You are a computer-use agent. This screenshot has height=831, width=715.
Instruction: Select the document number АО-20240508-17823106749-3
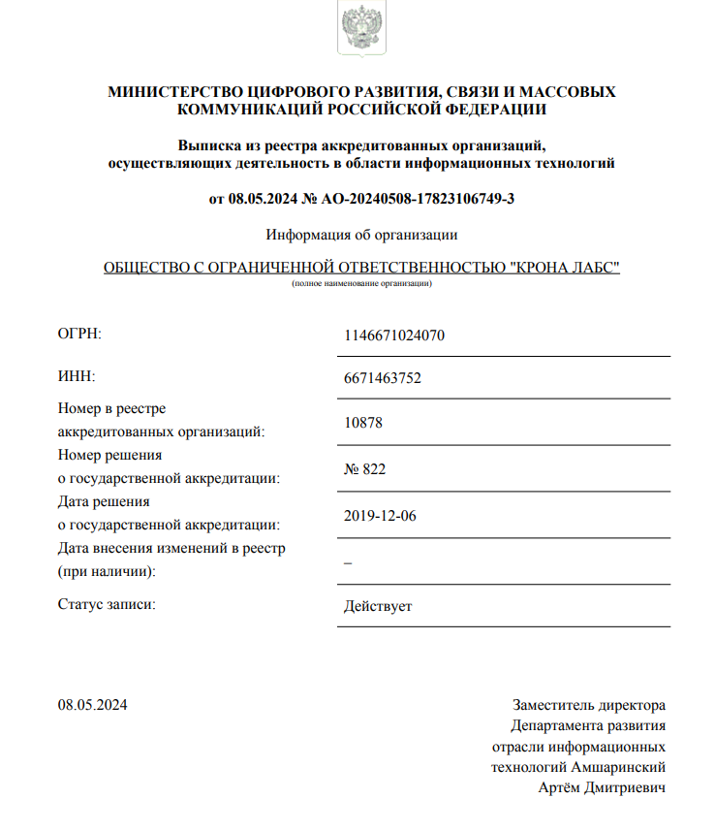418,199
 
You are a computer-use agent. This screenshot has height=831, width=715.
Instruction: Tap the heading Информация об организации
361,235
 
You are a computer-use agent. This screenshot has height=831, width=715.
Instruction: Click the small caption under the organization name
361,283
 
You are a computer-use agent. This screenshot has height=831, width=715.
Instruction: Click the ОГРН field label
79,335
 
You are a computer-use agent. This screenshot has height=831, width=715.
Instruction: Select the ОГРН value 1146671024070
394,336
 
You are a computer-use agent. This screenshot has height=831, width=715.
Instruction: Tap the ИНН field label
77,376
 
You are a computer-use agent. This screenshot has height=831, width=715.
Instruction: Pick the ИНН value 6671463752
383,378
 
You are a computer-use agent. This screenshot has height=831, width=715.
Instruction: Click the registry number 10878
363,424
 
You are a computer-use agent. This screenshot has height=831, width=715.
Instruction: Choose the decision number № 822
365,469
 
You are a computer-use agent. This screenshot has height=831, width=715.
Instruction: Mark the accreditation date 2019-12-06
380,515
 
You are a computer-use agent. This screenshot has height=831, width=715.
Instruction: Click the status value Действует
378,607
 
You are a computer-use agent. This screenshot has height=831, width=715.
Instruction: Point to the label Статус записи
107,605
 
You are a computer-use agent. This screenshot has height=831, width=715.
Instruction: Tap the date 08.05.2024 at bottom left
92,705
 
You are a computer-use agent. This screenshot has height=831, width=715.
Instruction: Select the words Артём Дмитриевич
602,787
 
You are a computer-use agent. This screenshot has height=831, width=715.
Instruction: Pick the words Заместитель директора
589,705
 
